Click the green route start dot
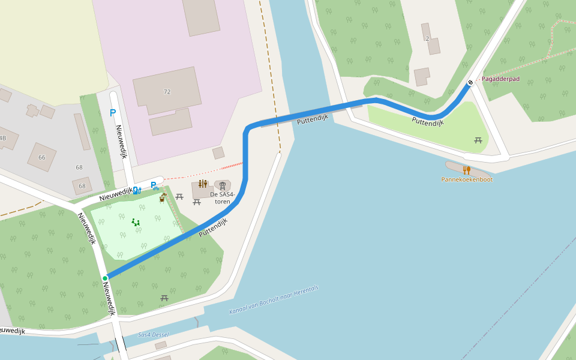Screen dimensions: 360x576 click(x=105, y=278)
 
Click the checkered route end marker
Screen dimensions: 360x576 click(x=470, y=82)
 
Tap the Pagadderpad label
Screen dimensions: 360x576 click(x=500, y=79)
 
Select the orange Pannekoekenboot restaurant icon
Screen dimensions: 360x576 click(x=466, y=170)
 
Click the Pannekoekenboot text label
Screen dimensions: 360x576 click(x=467, y=179)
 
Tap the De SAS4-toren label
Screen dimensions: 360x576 click(x=222, y=197)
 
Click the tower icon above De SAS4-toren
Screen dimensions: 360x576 click(x=223, y=186)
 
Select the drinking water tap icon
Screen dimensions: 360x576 click(x=163, y=197)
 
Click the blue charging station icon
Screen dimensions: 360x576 click(x=137, y=191)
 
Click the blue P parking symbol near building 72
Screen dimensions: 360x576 click(x=113, y=112)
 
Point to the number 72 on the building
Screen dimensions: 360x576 click(x=167, y=92)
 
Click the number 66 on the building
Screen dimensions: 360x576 click(x=42, y=157)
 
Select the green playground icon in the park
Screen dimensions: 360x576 click(x=136, y=222)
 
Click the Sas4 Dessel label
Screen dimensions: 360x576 click(x=153, y=335)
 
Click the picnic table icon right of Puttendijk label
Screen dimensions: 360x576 click(x=478, y=140)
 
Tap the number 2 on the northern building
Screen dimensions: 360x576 click(x=427, y=38)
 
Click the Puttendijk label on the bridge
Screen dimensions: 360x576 click(x=312, y=119)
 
